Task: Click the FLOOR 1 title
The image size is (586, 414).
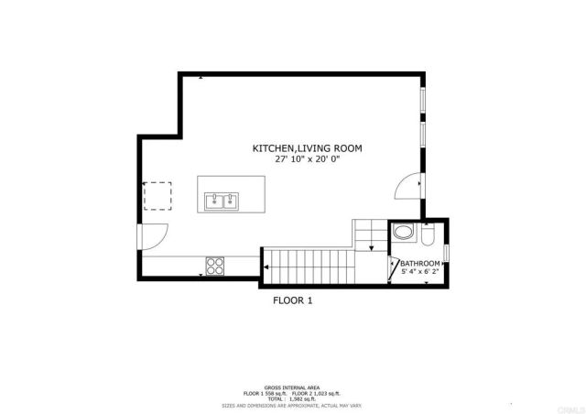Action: pyautogui.click(x=293, y=300)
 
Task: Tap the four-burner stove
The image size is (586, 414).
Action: pyautogui.click(x=216, y=267)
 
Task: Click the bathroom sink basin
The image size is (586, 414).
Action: pyautogui.click(x=402, y=234)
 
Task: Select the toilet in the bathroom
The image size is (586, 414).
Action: pyautogui.click(x=428, y=236)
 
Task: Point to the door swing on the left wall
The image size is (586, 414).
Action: pyautogui.click(x=152, y=236)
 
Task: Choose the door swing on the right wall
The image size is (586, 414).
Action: pyautogui.click(x=407, y=186)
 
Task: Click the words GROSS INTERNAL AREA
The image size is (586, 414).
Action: pyautogui.click(x=293, y=387)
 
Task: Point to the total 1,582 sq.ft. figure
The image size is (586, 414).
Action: pyautogui.click(x=293, y=398)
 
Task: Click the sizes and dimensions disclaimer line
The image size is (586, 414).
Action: pyautogui.click(x=293, y=404)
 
